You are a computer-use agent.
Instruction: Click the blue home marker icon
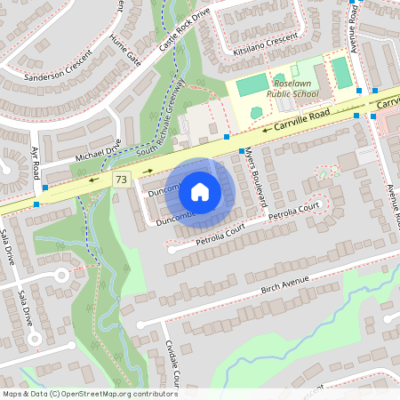tap(200, 190)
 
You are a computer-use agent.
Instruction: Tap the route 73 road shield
tap(122, 180)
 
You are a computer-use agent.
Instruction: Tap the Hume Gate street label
tap(125, 52)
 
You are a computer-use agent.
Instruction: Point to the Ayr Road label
tap(36, 164)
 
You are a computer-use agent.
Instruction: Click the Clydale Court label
tap(173, 364)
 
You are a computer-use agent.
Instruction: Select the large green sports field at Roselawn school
tap(252, 85)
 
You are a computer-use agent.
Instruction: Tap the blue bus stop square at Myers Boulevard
tap(242, 152)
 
